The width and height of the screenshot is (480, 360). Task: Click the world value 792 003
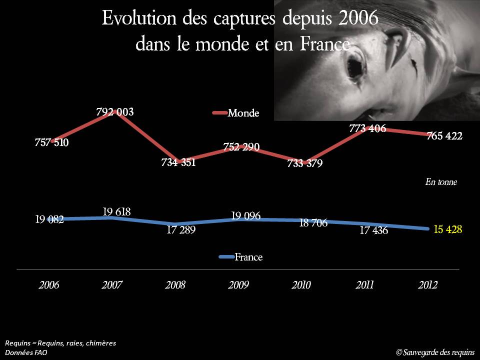tap(115, 112)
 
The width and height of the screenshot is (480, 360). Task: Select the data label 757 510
tap(52, 142)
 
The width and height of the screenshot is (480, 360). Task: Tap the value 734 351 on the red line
tap(178, 162)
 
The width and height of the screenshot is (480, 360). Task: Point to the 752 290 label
tap(241, 147)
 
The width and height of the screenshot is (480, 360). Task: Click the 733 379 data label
tap(305, 163)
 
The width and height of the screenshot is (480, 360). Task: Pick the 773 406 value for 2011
tap(367, 128)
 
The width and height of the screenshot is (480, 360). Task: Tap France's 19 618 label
tap(116, 212)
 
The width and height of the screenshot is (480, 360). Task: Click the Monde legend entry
tap(243, 113)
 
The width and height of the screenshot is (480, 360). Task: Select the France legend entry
tap(248, 257)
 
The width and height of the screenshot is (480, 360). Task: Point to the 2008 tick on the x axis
tap(175, 285)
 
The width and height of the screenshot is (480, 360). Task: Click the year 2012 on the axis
tap(427, 285)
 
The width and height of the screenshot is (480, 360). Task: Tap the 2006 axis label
tap(49, 285)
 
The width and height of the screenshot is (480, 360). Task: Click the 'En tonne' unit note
tap(441, 182)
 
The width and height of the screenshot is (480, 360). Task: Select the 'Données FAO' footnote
tap(26, 352)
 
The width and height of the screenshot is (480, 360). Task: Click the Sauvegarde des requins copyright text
tap(435, 352)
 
